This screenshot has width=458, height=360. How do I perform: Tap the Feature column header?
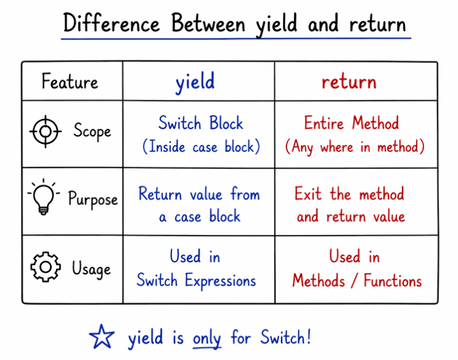tap(70, 81)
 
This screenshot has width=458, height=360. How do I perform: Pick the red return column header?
tap(348, 82)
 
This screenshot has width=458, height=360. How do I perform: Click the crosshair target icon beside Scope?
tap(45, 131)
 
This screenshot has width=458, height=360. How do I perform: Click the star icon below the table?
tap(102, 337)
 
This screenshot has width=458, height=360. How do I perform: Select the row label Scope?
tap(92, 131)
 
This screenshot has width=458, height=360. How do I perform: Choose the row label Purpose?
tap(92, 200)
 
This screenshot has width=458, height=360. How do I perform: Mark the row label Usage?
tap(91, 269)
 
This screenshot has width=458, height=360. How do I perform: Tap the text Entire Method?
tap(351, 123)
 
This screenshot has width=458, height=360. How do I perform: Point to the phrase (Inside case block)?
tap(201, 147)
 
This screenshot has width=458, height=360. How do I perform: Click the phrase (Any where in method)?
tap(354, 147)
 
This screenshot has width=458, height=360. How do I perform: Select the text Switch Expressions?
tap(196, 280)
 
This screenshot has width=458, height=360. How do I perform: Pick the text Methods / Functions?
tap(357, 281)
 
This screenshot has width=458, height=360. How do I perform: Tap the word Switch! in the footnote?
tap(285, 337)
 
